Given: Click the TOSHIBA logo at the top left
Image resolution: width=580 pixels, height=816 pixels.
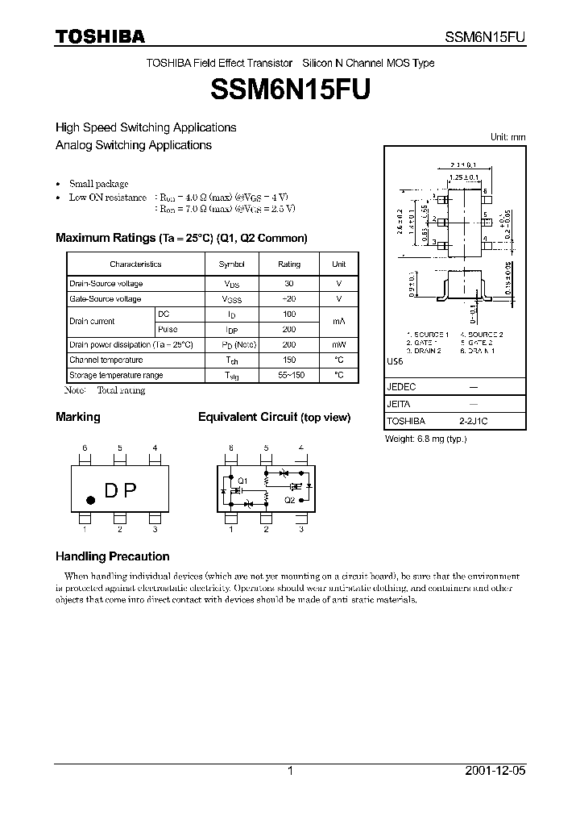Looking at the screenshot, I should [x=100, y=35].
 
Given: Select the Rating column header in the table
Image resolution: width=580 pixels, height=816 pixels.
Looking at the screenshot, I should [x=289, y=264].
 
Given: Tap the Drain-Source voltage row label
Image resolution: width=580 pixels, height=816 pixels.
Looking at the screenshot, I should [x=106, y=284].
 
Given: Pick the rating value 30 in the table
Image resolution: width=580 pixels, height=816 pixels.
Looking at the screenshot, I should [x=289, y=284].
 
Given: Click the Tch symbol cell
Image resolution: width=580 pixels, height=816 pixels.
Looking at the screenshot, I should [x=232, y=360].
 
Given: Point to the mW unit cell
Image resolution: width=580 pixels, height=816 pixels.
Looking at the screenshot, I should [x=338, y=344].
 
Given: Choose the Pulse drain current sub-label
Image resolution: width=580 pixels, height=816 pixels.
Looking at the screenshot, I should [x=168, y=329].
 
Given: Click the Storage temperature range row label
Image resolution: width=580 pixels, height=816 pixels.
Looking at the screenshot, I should [x=116, y=376].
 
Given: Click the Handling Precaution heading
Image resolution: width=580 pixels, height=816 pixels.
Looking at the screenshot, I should [x=112, y=556].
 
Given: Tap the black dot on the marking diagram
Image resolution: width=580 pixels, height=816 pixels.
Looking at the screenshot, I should [x=90, y=501].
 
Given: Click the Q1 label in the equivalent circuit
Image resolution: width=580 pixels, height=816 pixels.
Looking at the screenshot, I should [x=242, y=481].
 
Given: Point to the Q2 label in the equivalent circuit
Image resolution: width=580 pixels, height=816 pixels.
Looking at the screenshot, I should [x=289, y=500].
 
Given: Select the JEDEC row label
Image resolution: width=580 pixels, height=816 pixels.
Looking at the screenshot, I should [x=401, y=387].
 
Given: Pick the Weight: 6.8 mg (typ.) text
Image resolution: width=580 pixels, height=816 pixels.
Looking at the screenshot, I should [x=426, y=439].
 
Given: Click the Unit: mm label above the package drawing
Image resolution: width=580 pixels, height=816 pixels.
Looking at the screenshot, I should [x=507, y=138].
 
